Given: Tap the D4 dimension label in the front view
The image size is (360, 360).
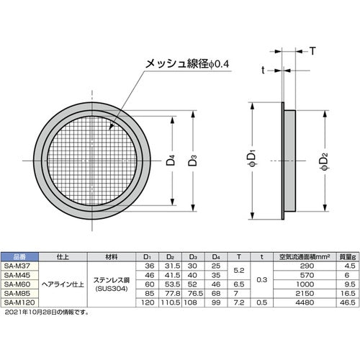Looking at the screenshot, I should (x=169, y=161).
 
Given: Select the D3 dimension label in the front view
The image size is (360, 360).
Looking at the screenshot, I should (x=194, y=161).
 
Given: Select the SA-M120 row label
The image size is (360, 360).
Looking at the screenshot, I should (x=17, y=303).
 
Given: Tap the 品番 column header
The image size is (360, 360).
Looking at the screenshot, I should (x=15, y=256).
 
